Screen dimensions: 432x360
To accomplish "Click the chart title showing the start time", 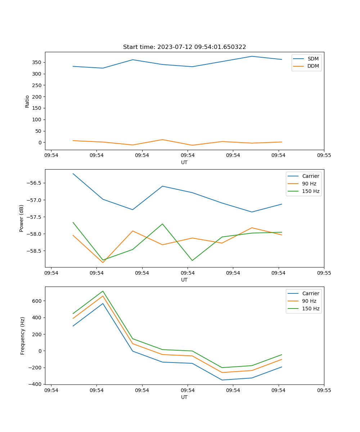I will (184, 47).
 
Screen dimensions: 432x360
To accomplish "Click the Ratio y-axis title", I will (27, 101).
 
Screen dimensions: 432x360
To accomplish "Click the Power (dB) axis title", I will (22, 218).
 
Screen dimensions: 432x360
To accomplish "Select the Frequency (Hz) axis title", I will (23, 336).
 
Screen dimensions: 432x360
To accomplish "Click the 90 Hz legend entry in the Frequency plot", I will (309, 301).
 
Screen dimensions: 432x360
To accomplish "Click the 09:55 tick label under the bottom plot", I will (324, 390).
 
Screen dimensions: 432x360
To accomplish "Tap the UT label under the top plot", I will (184, 162).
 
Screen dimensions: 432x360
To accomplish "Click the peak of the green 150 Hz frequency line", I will (103, 291).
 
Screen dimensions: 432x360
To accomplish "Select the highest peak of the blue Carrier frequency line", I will (103, 303).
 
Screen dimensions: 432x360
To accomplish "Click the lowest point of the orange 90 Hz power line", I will (103, 262).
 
